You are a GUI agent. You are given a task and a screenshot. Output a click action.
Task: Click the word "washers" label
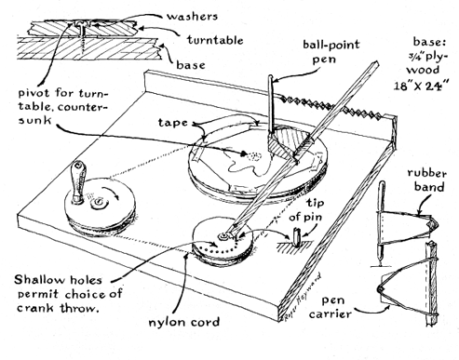point(192,16)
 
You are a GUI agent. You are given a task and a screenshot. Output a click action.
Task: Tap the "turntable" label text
point(215,40)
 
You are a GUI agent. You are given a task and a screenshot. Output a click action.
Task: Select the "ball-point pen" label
point(331,51)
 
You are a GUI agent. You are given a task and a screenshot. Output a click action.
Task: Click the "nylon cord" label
point(184,322)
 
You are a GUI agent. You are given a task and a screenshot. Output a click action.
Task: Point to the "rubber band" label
point(426,180)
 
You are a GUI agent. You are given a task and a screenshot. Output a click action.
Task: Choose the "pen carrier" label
point(331,307)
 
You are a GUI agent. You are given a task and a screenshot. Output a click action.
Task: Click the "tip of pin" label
point(306,209)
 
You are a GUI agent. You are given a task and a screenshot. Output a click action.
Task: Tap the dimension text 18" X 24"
point(422,86)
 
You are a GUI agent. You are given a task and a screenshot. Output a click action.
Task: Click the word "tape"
point(173,123)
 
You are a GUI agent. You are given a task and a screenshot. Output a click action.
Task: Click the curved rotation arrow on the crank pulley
point(113,193)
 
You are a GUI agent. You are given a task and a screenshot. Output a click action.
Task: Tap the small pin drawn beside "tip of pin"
point(297,237)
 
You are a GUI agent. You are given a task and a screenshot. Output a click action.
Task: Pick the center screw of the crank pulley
point(100,202)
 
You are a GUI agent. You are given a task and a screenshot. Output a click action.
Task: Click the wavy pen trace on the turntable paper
point(249,165)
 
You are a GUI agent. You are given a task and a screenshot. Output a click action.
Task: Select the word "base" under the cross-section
point(191,65)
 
